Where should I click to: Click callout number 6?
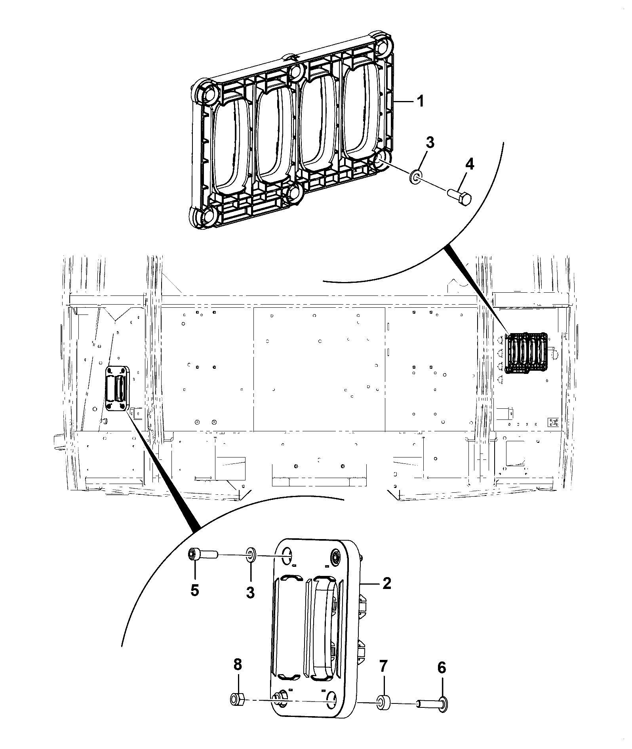pos(442,668)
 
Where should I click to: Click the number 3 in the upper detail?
pos(430,142)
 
